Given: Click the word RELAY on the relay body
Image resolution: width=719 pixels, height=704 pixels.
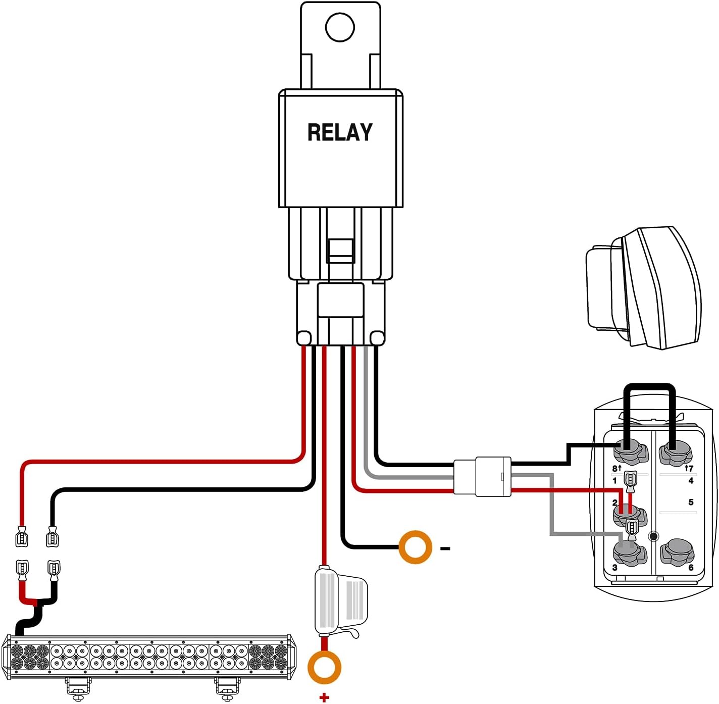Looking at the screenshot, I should click(340, 132).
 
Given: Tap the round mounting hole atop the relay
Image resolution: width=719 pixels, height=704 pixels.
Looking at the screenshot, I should click(340, 27).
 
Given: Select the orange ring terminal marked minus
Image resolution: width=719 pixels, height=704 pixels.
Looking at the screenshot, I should click(415, 547).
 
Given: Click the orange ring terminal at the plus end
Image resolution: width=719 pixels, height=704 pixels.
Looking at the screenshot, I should click(324, 667).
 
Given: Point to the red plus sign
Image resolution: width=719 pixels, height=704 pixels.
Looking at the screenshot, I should click(324, 697).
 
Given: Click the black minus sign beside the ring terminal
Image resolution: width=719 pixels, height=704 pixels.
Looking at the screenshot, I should click(445, 548).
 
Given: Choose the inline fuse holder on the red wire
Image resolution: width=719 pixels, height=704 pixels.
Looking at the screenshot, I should click(339, 601).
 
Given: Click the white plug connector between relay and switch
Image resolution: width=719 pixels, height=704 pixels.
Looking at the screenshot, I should click(482, 476).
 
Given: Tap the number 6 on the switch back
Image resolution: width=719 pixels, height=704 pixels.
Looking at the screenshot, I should click(691, 568).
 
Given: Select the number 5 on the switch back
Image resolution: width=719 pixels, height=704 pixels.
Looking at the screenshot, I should click(691, 502).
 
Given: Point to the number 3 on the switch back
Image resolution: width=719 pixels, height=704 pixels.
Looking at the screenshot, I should click(614, 568).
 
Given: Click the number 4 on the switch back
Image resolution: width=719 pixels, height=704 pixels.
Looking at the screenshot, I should click(691, 480).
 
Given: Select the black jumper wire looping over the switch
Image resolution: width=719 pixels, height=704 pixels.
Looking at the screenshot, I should click(650, 388).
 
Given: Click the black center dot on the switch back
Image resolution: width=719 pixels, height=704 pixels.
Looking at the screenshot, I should click(653, 536).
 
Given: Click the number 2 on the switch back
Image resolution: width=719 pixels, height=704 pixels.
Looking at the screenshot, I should click(614, 502).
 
